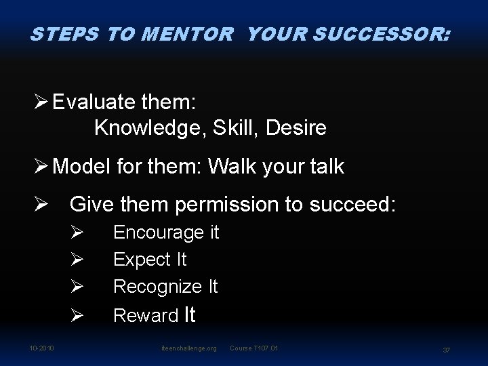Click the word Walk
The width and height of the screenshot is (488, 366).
[235, 167]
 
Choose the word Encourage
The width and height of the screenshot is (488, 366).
[159, 233]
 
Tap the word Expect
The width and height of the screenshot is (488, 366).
[142, 260]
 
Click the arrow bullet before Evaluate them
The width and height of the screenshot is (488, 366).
[39, 103]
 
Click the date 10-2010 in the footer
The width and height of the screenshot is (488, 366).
[41, 348]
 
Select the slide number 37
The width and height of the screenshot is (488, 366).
[447, 349]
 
